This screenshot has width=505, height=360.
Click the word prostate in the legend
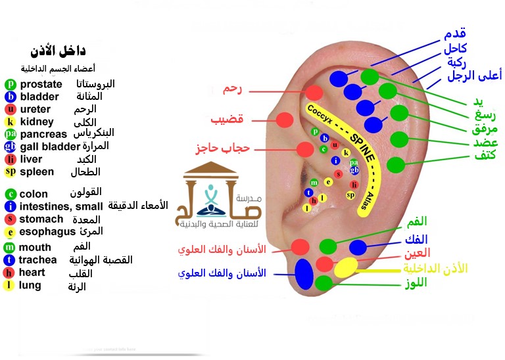click(x=41, y=84)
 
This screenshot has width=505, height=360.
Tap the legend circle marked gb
click(x=10, y=146)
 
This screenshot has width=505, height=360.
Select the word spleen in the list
click(x=37, y=171)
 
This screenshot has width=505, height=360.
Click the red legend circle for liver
click(x=10, y=159)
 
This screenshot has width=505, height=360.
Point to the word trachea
click(x=38, y=259)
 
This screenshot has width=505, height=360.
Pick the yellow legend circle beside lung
click(x=10, y=285)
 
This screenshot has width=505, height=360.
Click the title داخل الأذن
click(x=59, y=51)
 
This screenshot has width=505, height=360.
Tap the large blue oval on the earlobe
click(x=304, y=273)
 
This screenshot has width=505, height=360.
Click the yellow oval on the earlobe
click(x=346, y=267)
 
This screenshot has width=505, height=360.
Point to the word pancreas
click(x=44, y=133)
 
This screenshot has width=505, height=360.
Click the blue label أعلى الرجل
click(x=473, y=76)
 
